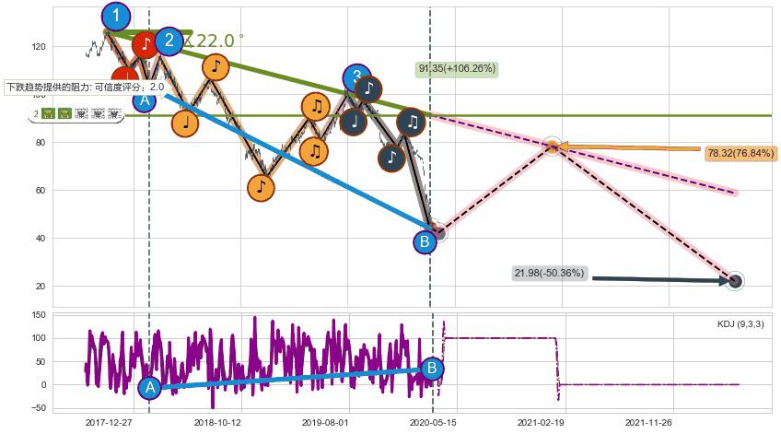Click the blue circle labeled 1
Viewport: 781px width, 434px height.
pos(116,16)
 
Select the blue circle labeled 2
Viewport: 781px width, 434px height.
pos(169,41)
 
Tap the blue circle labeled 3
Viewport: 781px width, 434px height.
pos(356,77)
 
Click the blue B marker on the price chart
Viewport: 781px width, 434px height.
pos(425,242)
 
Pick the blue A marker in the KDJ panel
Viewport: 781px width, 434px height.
pos(150,388)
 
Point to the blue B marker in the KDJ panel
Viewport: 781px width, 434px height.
pos(431,369)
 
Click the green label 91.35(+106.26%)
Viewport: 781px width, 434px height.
pos(458,68)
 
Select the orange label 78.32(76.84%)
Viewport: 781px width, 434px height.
pos(740,153)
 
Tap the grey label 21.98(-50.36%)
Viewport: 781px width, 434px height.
pos(550,273)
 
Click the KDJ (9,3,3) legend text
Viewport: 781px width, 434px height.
pos(740,324)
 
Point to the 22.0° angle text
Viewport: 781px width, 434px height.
pos(216,41)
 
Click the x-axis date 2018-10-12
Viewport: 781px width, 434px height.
pos(217,422)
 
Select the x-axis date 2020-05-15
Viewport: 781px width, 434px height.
pos(432,422)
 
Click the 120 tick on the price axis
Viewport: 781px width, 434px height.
pos(39,46)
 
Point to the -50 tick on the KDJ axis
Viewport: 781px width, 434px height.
pos(39,407)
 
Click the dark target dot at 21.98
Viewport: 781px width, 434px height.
pos(734,281)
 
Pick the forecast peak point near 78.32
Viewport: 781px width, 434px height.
pos(552,146)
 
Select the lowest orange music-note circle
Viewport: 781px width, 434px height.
pos(262,187)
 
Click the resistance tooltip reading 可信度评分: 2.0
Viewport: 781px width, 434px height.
pos(85,88)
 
